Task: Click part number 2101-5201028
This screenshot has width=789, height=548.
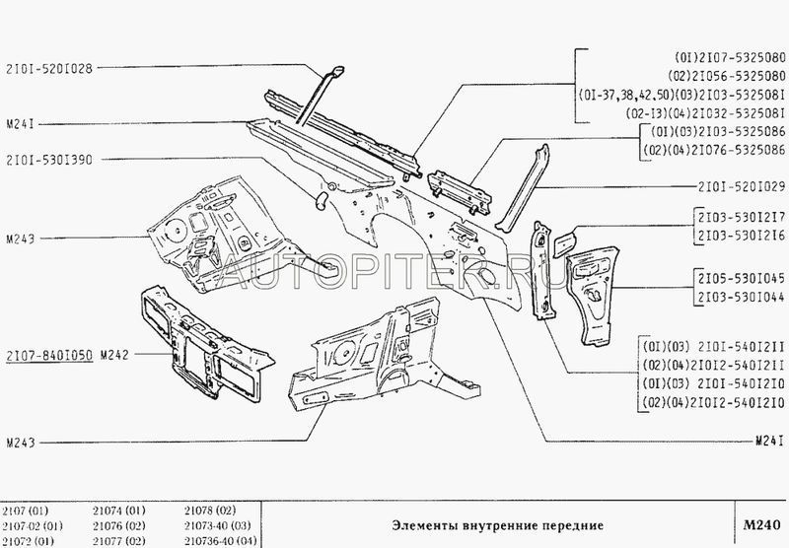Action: [50, 68]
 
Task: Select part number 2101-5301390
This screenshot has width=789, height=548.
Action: [50, 161]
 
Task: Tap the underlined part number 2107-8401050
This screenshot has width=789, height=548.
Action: [50, 356]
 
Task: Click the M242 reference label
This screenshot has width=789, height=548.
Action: [114, 356]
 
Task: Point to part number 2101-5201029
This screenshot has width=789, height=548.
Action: [742, 187]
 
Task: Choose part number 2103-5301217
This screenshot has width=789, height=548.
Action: [742, 218]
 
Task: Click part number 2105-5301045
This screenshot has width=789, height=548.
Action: [742, 279]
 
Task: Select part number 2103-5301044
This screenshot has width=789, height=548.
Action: [742, 297]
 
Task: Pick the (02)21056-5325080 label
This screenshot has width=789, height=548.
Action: [727, 76]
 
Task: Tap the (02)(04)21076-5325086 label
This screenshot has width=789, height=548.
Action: [718, 150]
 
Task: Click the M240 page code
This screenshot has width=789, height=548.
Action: [761, 525]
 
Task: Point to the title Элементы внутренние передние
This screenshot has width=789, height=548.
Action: [497, 526]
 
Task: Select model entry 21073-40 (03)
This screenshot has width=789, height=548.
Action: [217, 526]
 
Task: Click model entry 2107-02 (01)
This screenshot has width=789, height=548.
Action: [33, 526]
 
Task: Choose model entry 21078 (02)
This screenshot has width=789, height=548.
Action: [210, 511]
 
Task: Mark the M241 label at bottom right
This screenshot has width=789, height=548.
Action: [770, 442]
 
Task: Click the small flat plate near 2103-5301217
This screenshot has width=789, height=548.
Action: [564, 241]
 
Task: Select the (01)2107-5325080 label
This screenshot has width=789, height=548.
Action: [730, 57]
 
